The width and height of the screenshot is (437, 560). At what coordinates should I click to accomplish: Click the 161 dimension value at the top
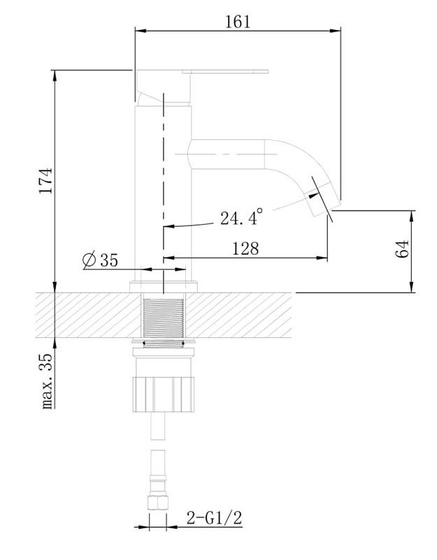[x=238, y=22]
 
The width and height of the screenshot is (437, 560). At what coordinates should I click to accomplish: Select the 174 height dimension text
[x=46, y=181]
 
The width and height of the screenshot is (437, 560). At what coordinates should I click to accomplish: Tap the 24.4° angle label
[x=241, y=217]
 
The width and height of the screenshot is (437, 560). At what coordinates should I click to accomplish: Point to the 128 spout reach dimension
[x=245, y=248]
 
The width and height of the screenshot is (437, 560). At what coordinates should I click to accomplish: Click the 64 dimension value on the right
[x=401, y=249]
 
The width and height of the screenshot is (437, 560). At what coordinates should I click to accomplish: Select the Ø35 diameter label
[x=100, y=260]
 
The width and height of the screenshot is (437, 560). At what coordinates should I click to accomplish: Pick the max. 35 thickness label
[x=47, y=381]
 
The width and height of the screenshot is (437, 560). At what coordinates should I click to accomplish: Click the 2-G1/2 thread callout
[x=215, y=518]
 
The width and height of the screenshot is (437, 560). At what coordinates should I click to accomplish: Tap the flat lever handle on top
[x=225, y=71]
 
